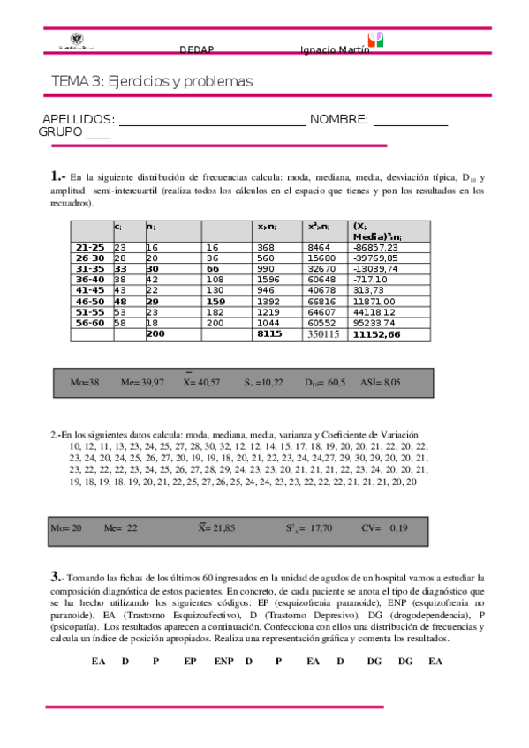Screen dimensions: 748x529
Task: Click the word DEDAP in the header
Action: (196, 49)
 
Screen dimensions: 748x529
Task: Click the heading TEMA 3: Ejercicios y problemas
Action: (152, 81)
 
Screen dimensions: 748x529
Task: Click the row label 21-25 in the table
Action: (90, 249)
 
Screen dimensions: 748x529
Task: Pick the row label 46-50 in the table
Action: (90, 302)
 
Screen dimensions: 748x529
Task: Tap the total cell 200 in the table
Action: (155, 334)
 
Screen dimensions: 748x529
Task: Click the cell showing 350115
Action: (324, 334)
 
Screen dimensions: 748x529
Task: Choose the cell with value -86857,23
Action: (376, 249)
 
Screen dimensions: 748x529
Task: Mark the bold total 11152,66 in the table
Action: (376, 334)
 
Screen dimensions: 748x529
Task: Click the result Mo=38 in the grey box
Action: (84, 383)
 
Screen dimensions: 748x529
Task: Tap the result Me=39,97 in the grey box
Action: (142, 383)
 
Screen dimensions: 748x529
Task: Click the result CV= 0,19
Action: (384, 527)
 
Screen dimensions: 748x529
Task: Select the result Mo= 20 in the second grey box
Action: (66, 527)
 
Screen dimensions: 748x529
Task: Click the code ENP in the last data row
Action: (224, 660)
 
